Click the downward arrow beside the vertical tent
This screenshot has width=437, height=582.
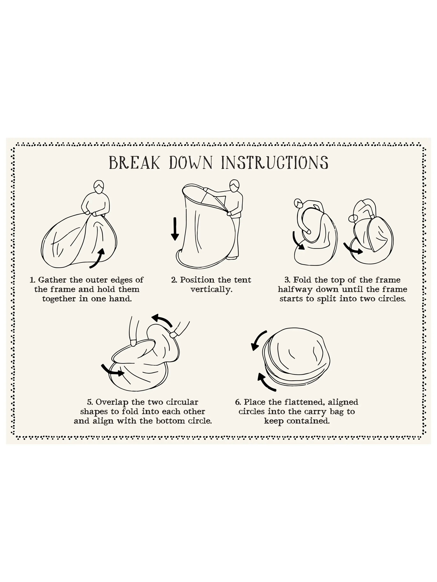[x=174, y=229]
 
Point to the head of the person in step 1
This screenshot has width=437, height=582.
[x=98, y=187]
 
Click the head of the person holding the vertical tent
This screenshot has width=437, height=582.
[x=234, y=185]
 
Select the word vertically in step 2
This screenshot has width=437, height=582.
[x=211, y=290]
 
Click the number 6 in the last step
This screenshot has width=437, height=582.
[x=238, y=402]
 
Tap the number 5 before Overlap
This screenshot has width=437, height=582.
[x=90, y=402]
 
